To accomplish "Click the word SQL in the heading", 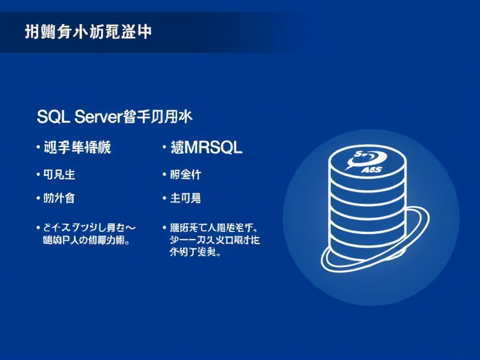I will pos(53,117).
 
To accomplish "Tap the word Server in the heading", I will pos(98,117).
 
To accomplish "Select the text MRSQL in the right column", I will pos(214,147).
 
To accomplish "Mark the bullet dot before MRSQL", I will pos(164,148).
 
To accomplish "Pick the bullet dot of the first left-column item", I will pos(38,147).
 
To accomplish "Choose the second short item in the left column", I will pos(60,175).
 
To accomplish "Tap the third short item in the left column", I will pos(60,197).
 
